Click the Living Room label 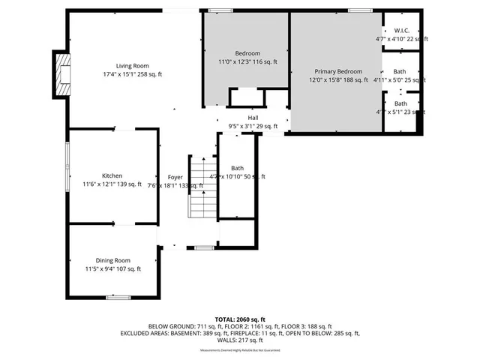131,66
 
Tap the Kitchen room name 112,175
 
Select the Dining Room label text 112,259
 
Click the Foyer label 175,176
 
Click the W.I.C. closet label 401,31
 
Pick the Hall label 253,118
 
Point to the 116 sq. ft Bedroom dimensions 247,62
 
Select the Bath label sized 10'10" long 237,168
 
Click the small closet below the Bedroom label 246,98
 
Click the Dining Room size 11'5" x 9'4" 112,268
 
